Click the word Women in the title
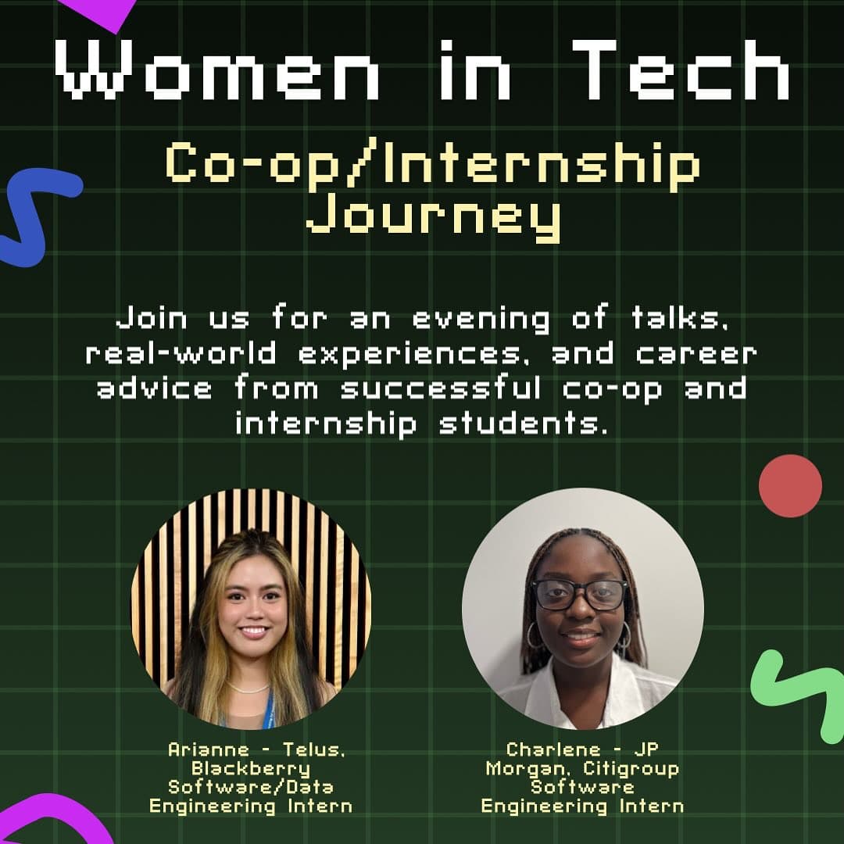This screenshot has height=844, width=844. point(217,70)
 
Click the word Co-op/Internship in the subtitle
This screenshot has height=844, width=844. point(433,163)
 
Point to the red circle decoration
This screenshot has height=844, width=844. point(790,485)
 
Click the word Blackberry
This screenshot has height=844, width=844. point(251,769)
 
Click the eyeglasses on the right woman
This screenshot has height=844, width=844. point(580,594)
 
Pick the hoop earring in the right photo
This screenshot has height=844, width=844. point(535,635)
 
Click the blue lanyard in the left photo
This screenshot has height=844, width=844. point(269,710)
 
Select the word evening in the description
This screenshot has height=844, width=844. point(481,319)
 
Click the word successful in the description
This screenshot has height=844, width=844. point(441,389)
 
